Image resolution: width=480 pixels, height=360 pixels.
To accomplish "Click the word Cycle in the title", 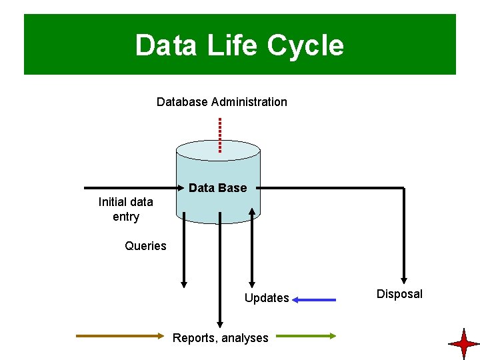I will tap(305, 46).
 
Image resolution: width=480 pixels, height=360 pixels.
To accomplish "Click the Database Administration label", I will tap(221, 102).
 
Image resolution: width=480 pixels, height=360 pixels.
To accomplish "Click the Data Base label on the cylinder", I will tap(217, 188).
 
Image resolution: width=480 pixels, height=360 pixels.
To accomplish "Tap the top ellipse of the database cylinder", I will tap(218, 150).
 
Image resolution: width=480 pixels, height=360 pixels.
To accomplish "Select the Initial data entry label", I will tap(125, 209).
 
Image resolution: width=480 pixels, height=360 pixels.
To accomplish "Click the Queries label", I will tap(145, 246).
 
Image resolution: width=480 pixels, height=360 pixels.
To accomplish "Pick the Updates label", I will tap(267, 298).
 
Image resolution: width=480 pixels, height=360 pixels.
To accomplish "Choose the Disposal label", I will tap(399, 294).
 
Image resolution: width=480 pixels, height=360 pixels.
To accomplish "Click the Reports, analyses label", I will tap(220, 338).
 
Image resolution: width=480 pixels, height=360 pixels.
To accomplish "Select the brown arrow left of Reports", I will tap(120, 337).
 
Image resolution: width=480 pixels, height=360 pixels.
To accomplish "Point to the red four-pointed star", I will tap(463, 344).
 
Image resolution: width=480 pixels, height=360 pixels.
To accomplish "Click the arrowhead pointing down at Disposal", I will tap(404, 279).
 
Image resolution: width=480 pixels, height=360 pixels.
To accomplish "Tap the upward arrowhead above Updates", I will tap(252, 212).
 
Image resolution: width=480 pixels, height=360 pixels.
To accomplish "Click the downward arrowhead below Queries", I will tap(184, 283).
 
